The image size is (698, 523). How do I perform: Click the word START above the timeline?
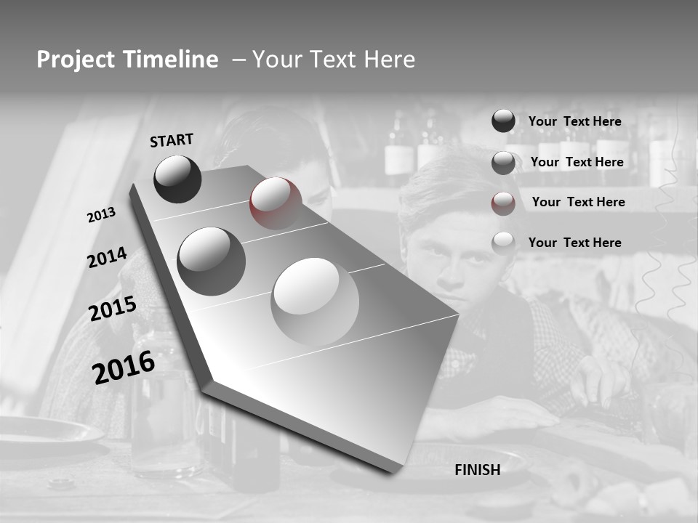tap(172, 140)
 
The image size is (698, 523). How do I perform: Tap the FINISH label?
tap(477, 470)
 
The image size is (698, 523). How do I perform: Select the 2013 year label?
tap(101, 215)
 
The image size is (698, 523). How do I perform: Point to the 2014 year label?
tap(107, 258)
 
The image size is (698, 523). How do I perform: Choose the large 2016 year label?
tap(124, 368)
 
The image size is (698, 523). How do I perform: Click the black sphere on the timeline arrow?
tap(177, 179)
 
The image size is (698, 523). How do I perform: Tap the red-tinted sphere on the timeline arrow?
tap(275, 203)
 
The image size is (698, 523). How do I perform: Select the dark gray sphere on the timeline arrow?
tap(211, 261)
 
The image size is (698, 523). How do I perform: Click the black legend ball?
tap(503, 121)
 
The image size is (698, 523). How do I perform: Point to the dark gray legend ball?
tap(503, 163)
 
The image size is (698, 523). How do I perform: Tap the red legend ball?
tap(503, 203)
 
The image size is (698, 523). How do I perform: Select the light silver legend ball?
tap(503, 243)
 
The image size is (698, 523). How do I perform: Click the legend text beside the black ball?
tap(574, 122)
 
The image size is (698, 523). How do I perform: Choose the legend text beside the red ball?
tap(578, 202)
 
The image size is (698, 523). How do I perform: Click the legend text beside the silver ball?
tap(574, 243)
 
